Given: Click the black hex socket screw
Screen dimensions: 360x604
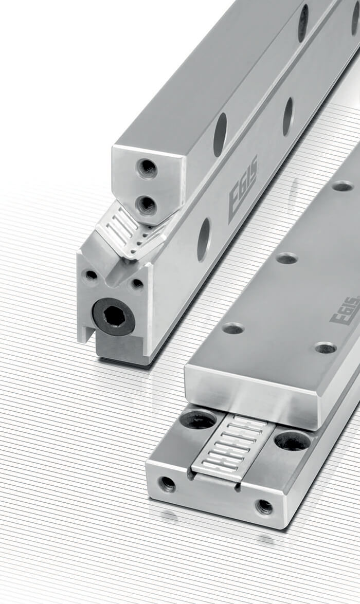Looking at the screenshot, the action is (x=113, y=317).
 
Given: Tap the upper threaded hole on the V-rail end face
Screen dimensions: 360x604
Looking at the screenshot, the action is (x=148, y=168).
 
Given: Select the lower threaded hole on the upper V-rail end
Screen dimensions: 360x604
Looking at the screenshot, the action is (x=148, y=205).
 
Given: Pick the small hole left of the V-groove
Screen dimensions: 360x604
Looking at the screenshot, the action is (x=92, y=276).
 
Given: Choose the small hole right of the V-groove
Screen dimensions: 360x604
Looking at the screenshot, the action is (x=137, y=284).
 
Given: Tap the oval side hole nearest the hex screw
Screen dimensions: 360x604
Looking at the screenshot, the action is (x=204, y=240).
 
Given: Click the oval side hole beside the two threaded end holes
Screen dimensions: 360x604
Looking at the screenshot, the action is (x=221, y=135).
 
